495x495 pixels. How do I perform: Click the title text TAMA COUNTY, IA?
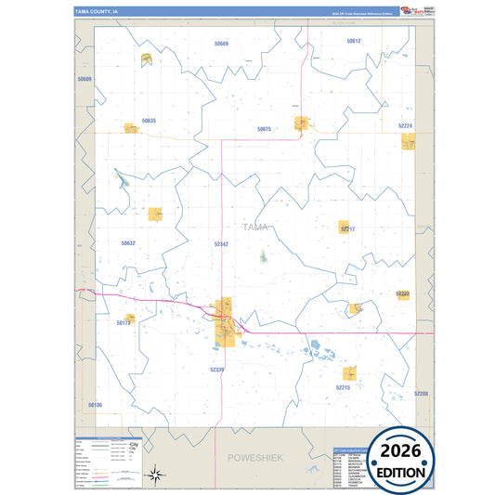coord(97,12)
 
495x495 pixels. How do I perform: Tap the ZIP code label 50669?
coord(221,44)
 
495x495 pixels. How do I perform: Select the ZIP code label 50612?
coord(354,42)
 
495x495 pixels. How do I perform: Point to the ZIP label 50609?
coord(85,80)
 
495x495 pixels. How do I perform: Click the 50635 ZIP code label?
coord(150,121)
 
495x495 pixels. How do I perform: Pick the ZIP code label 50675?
coord(264,129)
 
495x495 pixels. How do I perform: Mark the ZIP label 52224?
coord(405,124)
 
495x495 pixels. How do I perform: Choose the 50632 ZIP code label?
coord(128,242)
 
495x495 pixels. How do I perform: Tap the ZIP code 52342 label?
coord(221,243)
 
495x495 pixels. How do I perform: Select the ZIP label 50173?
coord(124,322)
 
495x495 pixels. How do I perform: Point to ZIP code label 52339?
coord(217,370)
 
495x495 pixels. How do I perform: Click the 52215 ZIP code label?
coord(344,386)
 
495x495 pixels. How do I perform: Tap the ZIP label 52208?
coord(422,394)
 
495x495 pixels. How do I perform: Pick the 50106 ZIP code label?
coord(95,405)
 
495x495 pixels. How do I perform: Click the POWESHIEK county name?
coord(254,458)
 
